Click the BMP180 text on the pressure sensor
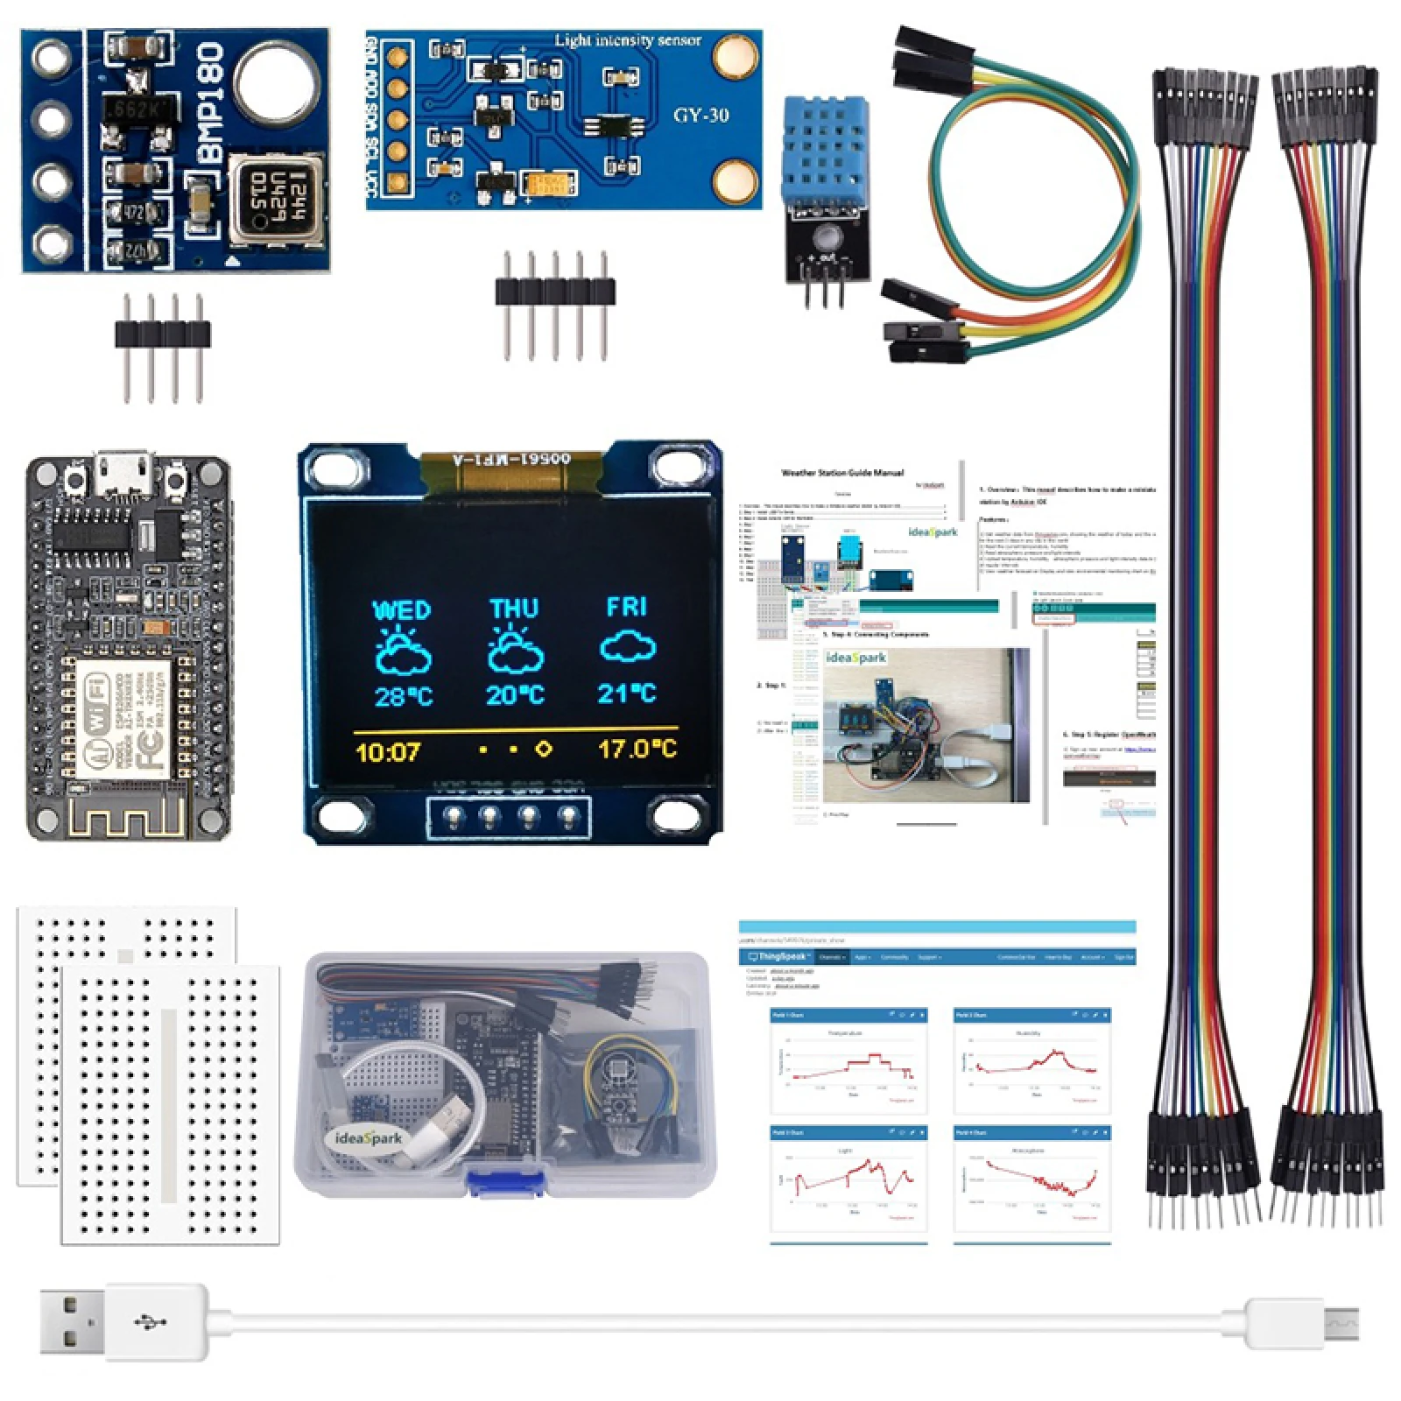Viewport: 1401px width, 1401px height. click(x=213, y=103)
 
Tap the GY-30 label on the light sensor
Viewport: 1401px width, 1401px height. click(x=700, y=116)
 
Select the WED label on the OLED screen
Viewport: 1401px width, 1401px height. click(x=402, y=610)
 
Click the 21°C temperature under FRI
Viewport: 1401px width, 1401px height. click(x=627, y=693)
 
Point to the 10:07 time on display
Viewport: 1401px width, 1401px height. click(x=388, y=752)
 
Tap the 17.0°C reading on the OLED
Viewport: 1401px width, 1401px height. click(x=637, y=750)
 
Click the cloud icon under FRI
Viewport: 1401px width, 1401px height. click(x=628, y=649)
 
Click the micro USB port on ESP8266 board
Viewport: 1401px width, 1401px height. click(x=125, y=474)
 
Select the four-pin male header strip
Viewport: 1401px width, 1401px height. click(x=163, y=334)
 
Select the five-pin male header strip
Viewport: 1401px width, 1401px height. click(x=555, y=292)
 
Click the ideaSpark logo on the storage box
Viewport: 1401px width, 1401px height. click(x=369, y=1138)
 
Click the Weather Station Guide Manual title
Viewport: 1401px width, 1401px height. click(x=842, y=473)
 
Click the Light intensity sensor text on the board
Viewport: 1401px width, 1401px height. click(x=628, y=40)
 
